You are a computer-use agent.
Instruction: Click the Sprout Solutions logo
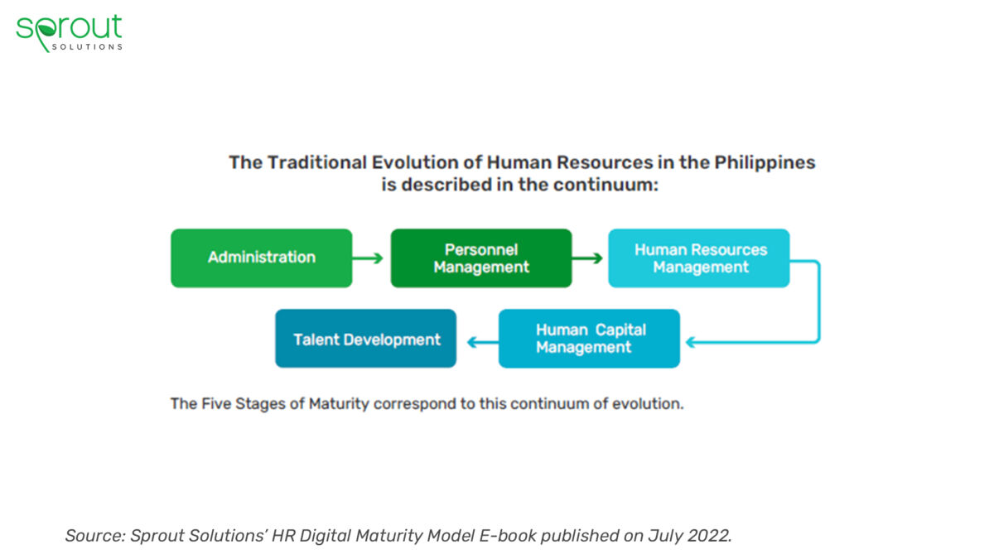coord(69,31)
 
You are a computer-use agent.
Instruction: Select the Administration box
coord(261,258)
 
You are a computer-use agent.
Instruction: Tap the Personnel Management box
coord(480,258)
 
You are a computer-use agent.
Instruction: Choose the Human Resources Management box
coord(699,258)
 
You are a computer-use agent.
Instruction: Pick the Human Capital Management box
coord(589,338)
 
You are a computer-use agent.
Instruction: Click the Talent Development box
coord(366,338)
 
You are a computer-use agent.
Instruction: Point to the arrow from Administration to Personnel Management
coord(369,258)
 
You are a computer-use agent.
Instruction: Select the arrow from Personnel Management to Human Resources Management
coord(588,258)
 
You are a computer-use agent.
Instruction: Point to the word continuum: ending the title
coord(610,185)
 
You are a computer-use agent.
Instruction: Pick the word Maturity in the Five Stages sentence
coord(339,404)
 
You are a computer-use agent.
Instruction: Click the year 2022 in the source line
coord(708,536)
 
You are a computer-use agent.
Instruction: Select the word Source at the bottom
coord(94,536)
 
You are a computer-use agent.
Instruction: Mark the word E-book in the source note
coord(509,536)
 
